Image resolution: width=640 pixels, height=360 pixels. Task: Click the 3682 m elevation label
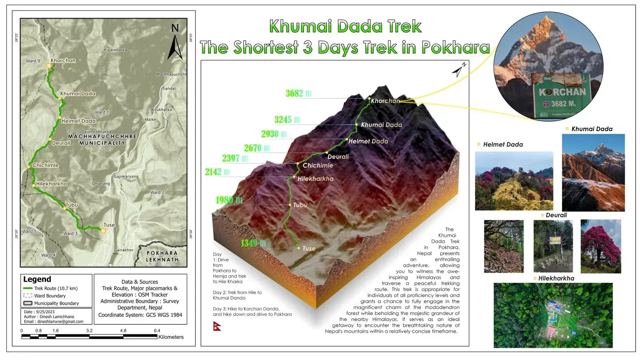pos(298,94)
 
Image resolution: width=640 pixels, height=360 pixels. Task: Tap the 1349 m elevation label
pos(253,243)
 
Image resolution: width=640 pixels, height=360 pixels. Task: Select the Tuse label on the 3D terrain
pos(309,248)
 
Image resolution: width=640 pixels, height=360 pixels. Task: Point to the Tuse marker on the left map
pos(103,231)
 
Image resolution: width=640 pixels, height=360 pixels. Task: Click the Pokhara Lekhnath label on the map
pos(162,256)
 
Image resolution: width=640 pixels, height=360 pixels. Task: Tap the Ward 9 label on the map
pos(33,61)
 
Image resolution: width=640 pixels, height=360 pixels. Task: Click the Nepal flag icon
pos(217,326)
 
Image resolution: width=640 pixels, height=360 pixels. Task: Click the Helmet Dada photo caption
pos(503,144)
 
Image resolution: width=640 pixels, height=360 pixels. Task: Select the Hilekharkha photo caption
pos(556,278)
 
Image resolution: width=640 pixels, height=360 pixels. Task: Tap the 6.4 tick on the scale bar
pos(157,331)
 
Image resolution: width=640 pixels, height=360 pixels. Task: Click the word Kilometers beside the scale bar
pos(171,337)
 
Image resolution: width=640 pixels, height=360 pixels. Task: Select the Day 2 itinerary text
pos(237,295)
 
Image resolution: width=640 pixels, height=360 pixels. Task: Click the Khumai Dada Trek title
pos(345,26)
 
